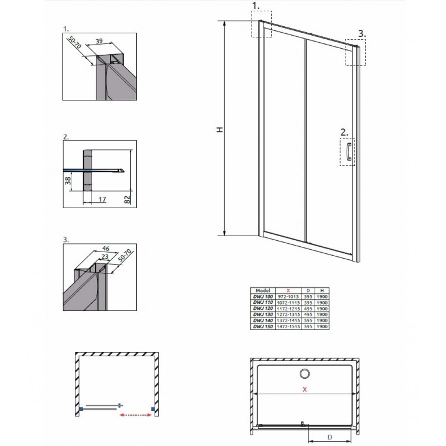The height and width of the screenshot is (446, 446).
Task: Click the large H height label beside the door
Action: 218,129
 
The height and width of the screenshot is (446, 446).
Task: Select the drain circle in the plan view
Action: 304,374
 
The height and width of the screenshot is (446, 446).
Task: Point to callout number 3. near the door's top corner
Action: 361,34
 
